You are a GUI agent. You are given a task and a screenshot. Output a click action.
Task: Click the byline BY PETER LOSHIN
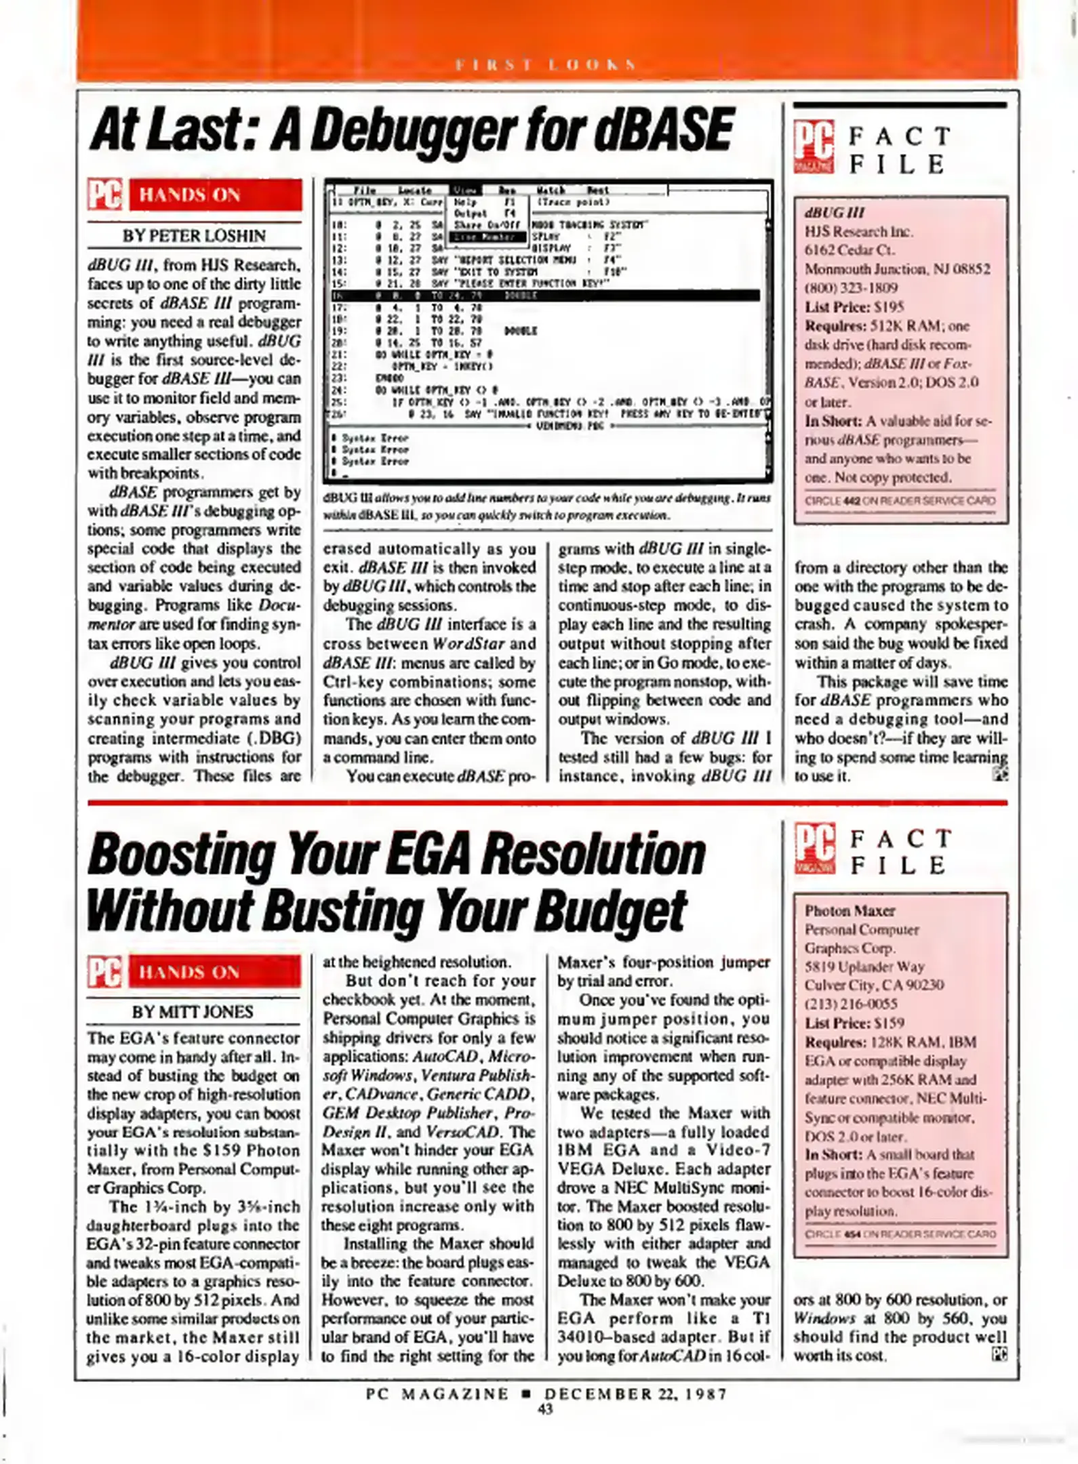tap(194, 237)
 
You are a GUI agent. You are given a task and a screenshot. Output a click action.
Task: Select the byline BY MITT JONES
tap(193, 1012)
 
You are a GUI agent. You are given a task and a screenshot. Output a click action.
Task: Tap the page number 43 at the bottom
tap(544, 1409)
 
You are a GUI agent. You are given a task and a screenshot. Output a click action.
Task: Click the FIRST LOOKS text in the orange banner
tap(546, 66)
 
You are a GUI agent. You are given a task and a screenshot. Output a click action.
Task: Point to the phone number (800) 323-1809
tap(851, 288)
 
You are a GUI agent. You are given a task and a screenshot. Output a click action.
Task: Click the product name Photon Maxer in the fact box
tap(850, 910)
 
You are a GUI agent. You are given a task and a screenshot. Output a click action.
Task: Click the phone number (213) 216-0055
tap(851, 1004)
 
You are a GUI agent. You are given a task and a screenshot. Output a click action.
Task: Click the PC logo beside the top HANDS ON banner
tap(105, 195)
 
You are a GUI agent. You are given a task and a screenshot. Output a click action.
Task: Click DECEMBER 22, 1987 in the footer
tap(636, 1394)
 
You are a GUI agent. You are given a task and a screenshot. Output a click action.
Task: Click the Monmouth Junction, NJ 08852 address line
tap(897, 269)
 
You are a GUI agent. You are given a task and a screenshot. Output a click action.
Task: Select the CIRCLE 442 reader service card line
tap(900, 501)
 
